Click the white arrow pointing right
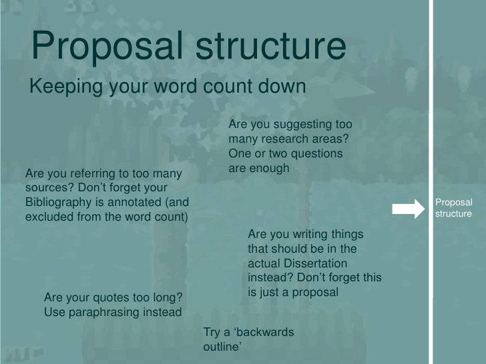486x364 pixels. coord(410,208)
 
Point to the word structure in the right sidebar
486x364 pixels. coord(453,214)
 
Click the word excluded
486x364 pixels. coord(48,217)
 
